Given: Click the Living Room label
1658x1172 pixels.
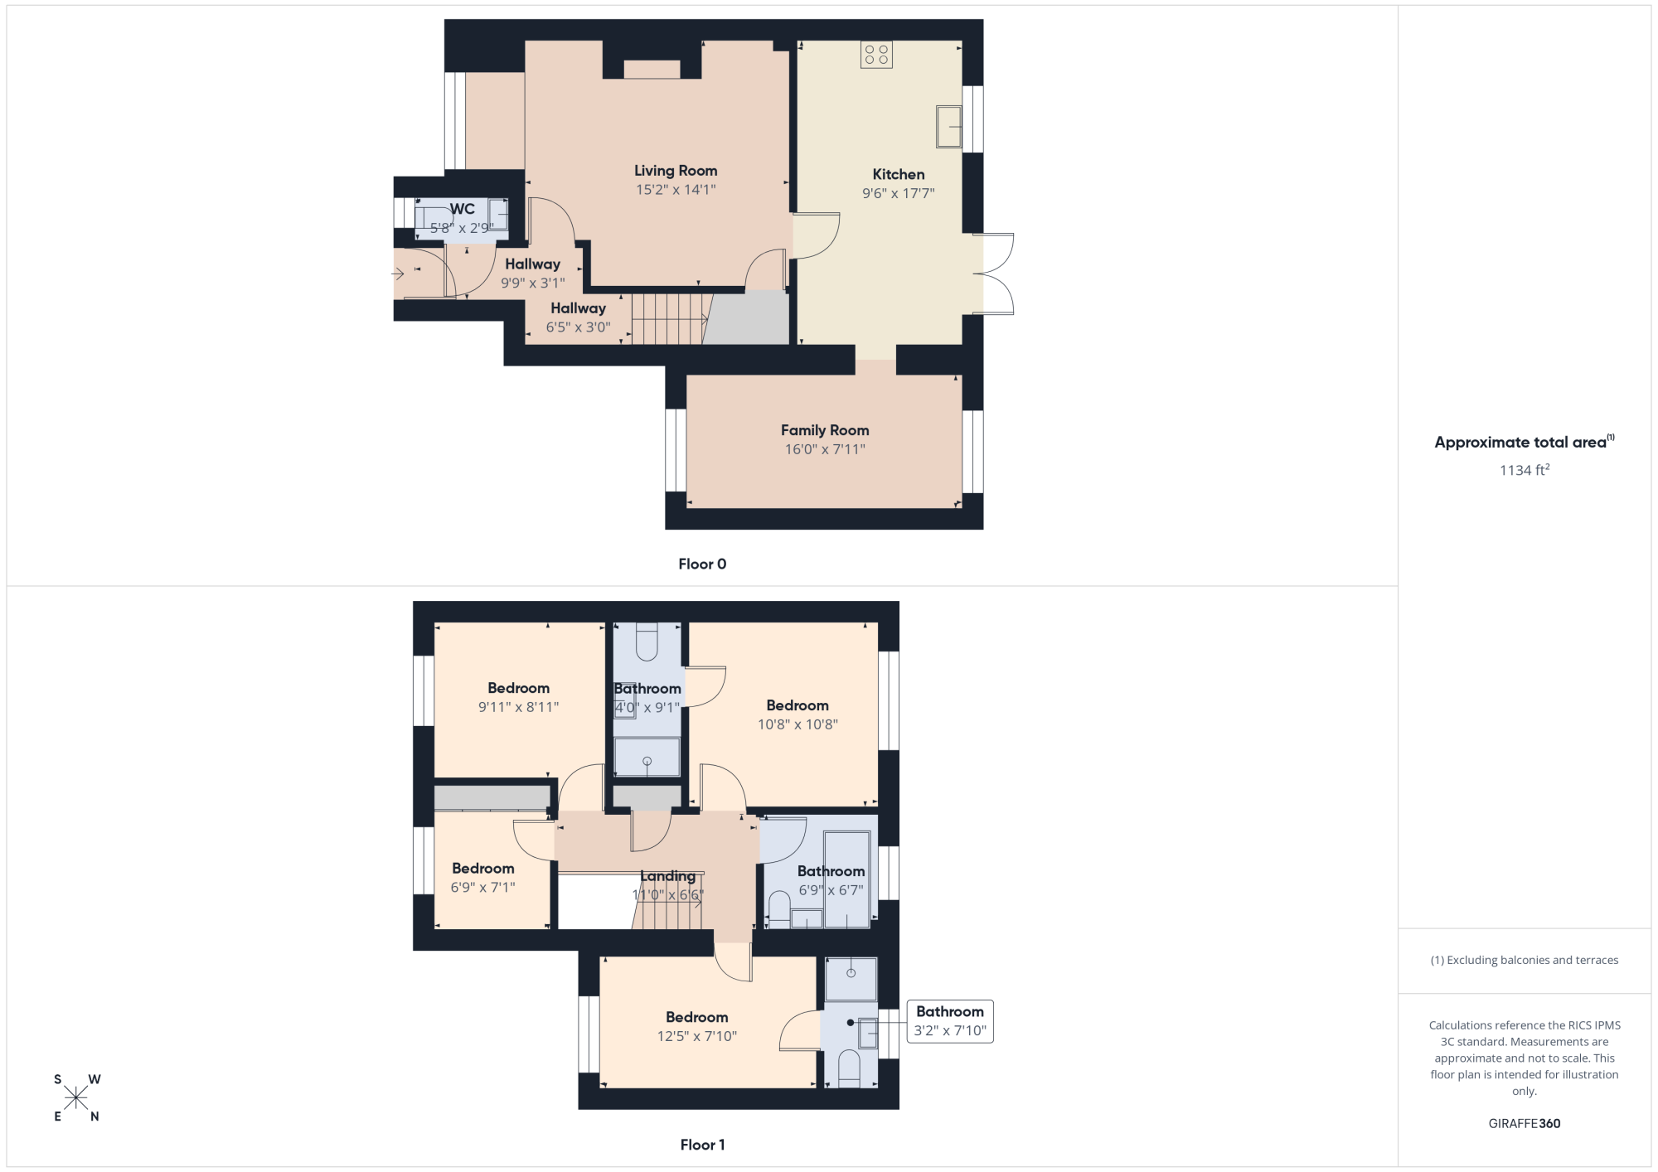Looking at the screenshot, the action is [676, 171].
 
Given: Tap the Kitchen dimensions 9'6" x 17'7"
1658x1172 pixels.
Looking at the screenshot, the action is [899, 193].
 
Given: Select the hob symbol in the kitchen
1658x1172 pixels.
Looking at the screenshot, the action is [876, 55].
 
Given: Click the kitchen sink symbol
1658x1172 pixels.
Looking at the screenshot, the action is [948, 127].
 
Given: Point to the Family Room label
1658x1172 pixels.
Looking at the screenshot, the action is [825, 430].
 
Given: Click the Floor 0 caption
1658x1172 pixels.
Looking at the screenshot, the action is [702, 564].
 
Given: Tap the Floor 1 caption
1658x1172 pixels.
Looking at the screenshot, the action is [702, 1145].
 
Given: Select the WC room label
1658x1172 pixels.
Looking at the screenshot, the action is [463, 209].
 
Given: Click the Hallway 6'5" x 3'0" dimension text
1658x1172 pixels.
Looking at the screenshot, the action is [578, 327].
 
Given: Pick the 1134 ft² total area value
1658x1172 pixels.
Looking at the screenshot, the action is [1525, 470].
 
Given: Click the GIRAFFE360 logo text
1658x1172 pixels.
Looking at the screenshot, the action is [1525, 1124].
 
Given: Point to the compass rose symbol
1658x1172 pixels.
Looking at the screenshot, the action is [76, 1097].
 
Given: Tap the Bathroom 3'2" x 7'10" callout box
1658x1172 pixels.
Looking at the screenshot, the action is [950, 1021].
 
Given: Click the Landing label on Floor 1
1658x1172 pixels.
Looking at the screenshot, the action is [668, 876].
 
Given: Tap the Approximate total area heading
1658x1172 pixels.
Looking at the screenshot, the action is [1525, 442].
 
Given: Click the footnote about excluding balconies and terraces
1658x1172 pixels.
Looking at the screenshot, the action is [1525, 960].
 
